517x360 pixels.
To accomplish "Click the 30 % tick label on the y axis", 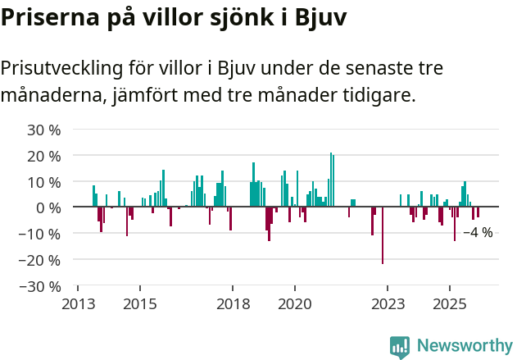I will coord(44,130).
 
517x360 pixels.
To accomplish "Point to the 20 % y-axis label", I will coord(44,156).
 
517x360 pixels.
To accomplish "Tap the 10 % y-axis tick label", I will coord(44,182).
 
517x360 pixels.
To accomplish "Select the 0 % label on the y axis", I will coord(48,207).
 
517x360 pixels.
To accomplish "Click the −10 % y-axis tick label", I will coord(40,234).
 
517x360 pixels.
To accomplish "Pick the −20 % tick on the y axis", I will coord(40,260).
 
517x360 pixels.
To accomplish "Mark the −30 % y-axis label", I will coord(40,286).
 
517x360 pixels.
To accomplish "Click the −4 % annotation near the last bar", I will coord(478,233).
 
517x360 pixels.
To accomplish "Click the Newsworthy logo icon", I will coord(400,348).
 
